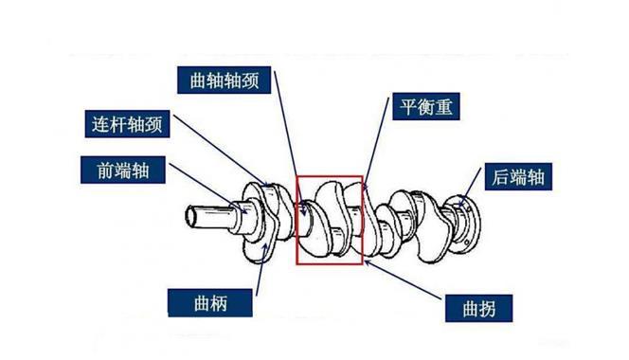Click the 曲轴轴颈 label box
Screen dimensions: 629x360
[224, 81]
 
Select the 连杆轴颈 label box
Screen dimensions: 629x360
[127, 124]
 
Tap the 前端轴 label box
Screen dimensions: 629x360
[123, 170]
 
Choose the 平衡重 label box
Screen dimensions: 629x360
[425, 106]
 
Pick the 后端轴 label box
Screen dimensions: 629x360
[518, 176]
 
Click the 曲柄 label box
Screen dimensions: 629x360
[210, 303]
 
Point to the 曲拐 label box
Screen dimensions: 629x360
[479, 308]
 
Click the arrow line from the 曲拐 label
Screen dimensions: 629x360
[404, 280]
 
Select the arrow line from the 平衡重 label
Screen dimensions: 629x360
[376, 143]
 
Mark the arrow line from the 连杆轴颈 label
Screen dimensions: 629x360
[222, 150]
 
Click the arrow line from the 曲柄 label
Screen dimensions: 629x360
[261, 269]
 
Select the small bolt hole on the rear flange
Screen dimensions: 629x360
[466, 243]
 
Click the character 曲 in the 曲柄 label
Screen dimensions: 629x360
[202, 303]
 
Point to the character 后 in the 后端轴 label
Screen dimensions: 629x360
[500, 176]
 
